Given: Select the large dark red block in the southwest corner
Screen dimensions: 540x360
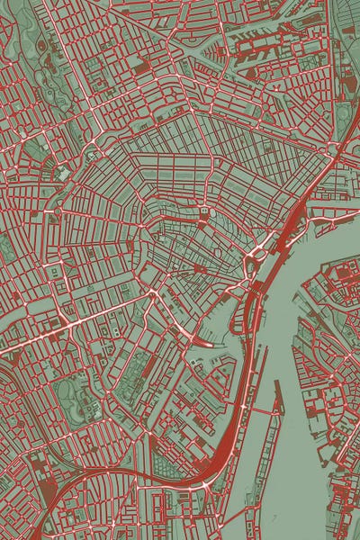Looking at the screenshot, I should pos(38,468).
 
